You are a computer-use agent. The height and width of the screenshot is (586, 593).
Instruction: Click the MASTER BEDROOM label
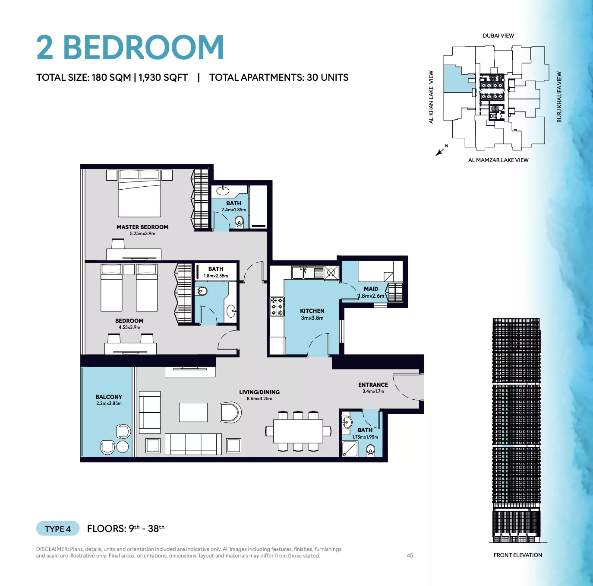(142, 227)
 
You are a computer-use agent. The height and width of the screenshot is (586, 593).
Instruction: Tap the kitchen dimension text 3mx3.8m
(312, 318)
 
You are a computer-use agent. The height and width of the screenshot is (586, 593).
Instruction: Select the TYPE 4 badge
(57, 529)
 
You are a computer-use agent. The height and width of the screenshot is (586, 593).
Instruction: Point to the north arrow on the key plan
(440, 152)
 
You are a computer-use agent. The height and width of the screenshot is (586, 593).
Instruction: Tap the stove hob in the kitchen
(277, 307)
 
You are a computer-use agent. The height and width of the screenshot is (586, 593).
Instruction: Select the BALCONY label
(109, 397)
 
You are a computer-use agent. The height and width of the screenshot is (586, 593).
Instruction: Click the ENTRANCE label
(373, 385)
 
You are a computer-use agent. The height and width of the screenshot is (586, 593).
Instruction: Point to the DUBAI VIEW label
(498, 36)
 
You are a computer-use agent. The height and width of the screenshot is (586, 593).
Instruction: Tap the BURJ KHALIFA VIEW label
(559, 97)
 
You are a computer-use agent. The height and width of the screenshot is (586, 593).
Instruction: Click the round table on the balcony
(123, 447)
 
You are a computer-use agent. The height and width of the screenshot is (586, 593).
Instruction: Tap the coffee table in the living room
(193, 412)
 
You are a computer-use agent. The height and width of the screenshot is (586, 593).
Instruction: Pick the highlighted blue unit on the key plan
(457, 80)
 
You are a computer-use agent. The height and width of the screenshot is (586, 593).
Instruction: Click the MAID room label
(371, 289)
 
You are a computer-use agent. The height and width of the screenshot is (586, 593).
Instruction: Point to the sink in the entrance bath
(347, 421)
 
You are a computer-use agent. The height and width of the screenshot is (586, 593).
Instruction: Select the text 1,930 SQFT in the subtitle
(163, 77)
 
